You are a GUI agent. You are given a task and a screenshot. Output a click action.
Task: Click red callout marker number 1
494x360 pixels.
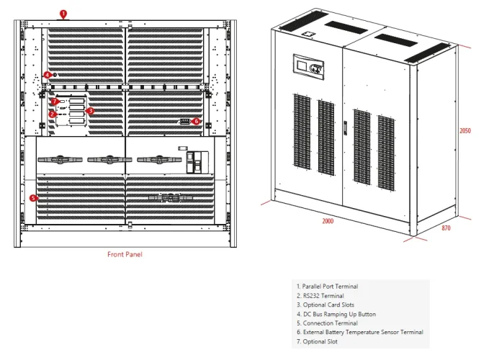click(63, 13)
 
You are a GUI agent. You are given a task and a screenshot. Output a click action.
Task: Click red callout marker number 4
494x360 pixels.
click(47, 74)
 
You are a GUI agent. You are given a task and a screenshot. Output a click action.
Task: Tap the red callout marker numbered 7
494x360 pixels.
click(54, 102)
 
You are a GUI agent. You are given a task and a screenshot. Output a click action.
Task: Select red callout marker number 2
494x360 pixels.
click(53, 114)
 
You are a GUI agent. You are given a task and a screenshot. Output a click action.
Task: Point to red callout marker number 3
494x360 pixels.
click(90, 111)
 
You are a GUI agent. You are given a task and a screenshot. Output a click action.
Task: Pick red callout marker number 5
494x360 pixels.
click(33, 197)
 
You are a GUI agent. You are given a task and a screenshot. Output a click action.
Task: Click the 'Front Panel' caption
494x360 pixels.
click(125, 254)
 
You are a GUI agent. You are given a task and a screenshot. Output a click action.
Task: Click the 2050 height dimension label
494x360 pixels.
click(465, 130)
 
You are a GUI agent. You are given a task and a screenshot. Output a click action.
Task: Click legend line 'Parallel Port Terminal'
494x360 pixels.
click(327, 287)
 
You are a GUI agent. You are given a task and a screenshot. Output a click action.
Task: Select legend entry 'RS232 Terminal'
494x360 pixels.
click(320, 296)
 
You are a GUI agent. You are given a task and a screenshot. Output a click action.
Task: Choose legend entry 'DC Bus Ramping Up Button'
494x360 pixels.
click(336, 314)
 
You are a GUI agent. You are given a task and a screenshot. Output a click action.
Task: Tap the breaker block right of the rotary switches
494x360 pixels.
click(195, 161)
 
